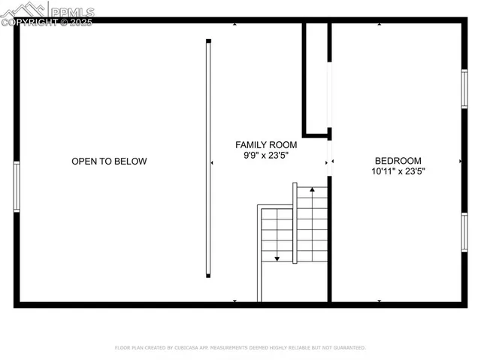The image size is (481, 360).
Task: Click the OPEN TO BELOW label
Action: (x=109, y=161)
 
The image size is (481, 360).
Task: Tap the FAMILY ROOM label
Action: (x=266, y=144)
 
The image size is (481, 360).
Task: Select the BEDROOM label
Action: (x=398, y=160)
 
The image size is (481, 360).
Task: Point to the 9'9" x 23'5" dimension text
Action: (x=266, y=156)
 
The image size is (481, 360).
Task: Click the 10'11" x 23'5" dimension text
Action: (x=398, y=171)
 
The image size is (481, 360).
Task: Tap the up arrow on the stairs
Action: (x=312, y=191)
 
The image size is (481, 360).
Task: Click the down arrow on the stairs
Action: (x=277, y=258)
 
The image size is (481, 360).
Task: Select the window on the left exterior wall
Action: (x=17, y=186)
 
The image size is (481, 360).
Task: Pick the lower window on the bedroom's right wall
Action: (x=464, y=231)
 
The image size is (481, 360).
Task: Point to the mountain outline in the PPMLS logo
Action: (x=26, y=9)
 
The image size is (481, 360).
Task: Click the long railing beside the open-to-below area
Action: (x=208, y=158)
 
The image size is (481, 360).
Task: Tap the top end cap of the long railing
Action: (x=208, y=41)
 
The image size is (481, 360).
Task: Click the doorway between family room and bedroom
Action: (x=329, y=160)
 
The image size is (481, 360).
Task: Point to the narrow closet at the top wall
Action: (x=316, y=75)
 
